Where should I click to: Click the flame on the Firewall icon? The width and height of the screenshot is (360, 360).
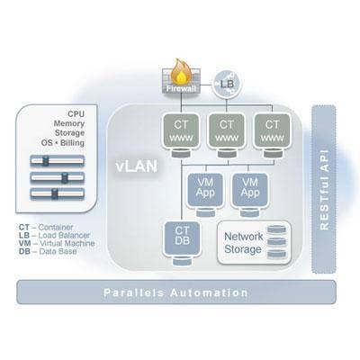[181, 71]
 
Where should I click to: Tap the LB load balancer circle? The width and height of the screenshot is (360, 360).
[227, 84]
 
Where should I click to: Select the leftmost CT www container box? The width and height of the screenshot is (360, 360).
[181, 130]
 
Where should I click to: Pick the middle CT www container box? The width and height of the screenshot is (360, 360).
[227, 130]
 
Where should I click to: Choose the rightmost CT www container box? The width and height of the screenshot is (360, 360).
[272, 130]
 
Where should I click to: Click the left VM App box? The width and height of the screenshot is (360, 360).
[205, 190]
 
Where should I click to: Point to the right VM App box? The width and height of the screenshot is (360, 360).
[250, 190]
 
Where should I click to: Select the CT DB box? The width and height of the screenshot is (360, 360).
[182, 238]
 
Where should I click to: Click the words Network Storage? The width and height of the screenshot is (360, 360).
[243, 243]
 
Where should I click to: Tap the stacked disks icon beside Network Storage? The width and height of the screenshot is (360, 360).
[277, 242]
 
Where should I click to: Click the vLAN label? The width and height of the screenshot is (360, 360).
[137, 166]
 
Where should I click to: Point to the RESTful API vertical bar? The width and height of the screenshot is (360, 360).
[324, 189]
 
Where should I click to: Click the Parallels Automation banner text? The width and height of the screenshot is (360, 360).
[175, 292]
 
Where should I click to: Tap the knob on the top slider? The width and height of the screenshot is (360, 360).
[45, 161]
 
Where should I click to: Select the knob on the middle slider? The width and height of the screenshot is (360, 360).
[64, 177]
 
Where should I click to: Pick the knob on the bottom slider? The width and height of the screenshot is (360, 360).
[54, 193]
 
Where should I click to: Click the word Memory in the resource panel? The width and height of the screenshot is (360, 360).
[69, 123]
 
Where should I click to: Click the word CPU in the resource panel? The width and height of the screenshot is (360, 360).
[76, 113]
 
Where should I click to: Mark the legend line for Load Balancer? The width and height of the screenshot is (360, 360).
[54, 236]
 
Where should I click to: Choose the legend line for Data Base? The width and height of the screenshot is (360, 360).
[48, 251]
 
